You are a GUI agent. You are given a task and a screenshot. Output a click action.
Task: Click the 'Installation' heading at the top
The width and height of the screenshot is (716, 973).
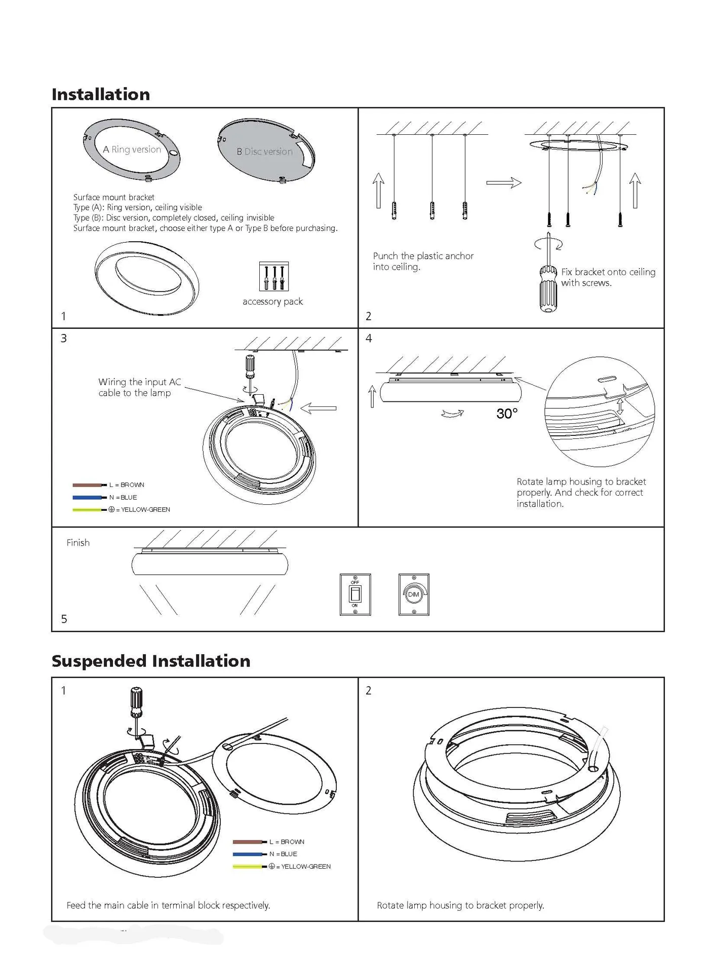(x=101, y=94)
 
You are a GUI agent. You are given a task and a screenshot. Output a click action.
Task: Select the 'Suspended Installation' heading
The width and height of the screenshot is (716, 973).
(x=151, y=661)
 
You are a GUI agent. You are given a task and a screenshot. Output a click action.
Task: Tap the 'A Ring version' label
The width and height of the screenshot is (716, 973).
(x=132, y=149)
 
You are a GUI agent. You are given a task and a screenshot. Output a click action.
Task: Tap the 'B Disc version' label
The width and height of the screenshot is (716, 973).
(x=264, y=152)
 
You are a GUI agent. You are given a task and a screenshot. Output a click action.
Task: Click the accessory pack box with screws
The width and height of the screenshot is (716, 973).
(x=273, y=276)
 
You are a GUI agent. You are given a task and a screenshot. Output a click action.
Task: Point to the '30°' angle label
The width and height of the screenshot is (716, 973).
(x=507, y=414)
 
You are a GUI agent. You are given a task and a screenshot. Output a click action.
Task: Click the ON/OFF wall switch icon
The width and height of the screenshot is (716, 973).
(x=355, y=594)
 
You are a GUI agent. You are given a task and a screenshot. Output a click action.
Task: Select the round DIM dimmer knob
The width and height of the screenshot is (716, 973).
(x=414, y=594)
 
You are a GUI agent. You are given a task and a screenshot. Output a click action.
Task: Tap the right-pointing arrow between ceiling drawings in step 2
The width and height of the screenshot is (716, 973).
(x=504, y=182)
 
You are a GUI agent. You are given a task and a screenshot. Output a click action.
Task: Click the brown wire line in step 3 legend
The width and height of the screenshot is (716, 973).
(x=87, y=485)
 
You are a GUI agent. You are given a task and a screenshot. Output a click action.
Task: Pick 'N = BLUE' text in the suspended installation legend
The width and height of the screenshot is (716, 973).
(x=283, y=854)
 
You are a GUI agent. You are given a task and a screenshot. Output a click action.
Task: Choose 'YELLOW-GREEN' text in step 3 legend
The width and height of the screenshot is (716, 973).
(x=145, y=509)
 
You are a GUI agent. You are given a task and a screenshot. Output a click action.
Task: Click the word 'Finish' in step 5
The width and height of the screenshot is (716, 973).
(x=78, y=543)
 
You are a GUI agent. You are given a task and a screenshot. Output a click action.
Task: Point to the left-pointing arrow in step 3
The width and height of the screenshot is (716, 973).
(x=319, y=408)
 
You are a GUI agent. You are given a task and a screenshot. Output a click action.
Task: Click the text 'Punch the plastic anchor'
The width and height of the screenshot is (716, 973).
(x=423, y=256)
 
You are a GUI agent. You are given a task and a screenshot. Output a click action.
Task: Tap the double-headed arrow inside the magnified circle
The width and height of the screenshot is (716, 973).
(x=620, y=406)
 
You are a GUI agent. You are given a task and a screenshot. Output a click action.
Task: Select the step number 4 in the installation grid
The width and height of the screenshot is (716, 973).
(x=369, y=338)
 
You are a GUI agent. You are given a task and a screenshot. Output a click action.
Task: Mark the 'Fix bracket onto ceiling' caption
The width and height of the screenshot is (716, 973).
(x=608, y=272)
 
